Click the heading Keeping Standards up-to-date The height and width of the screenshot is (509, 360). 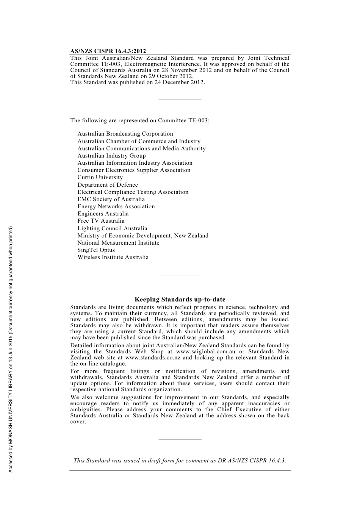180,300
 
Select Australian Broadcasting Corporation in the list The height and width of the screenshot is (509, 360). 125,134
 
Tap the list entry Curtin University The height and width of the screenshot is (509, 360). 100,177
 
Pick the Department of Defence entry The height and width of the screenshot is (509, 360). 108,185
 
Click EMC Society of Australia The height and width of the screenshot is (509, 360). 111,199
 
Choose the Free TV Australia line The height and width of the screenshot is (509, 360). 101,221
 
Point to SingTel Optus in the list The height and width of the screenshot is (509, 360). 96,250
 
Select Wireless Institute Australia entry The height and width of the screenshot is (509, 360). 113,257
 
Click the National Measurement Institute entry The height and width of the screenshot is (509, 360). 118,243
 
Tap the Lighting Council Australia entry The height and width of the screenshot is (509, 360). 112,228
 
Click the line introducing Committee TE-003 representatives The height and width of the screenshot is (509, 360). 139,120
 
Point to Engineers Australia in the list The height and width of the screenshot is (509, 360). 103,214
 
